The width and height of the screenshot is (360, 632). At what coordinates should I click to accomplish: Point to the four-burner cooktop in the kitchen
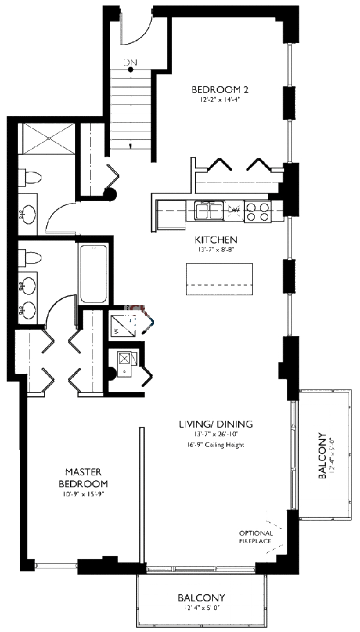(x=258, y=212)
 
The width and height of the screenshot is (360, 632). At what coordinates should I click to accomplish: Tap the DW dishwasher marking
(x=235, y=210)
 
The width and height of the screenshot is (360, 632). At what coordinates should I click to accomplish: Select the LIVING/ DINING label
(x=215, y=424)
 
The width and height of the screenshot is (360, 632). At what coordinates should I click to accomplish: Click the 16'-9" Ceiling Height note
(x=215, y=445)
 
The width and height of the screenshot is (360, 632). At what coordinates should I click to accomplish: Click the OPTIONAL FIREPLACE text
(x=256, y=537)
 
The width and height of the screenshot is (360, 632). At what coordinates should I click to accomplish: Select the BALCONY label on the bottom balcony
(x=201, y=598)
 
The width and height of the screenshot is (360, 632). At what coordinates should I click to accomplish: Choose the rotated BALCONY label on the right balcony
(x=323, y=456)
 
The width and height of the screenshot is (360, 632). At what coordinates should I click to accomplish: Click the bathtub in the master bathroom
(x=94, y=274)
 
